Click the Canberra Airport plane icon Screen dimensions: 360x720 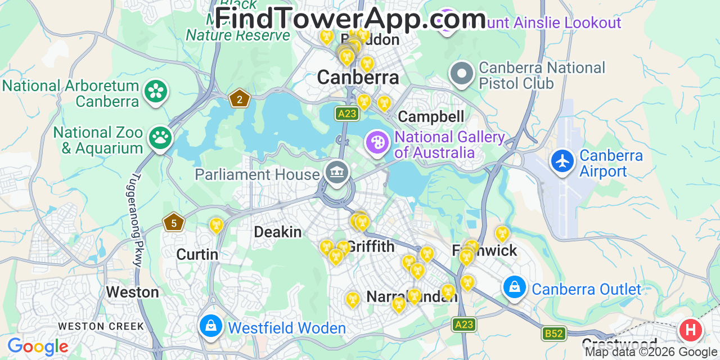562,161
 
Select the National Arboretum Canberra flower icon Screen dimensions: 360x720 156,92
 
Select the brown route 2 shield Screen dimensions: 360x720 240,99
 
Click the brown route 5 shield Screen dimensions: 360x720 174,223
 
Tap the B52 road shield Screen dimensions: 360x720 554,334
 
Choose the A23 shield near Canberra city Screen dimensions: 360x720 347,114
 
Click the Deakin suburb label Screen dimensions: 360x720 278,232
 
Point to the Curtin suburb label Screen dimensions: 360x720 197,254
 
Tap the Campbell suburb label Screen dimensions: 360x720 431,116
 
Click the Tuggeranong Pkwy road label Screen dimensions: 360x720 137,219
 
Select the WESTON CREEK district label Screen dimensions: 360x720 101,326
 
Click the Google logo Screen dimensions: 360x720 38,346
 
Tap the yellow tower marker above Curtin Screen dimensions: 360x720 216,226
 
